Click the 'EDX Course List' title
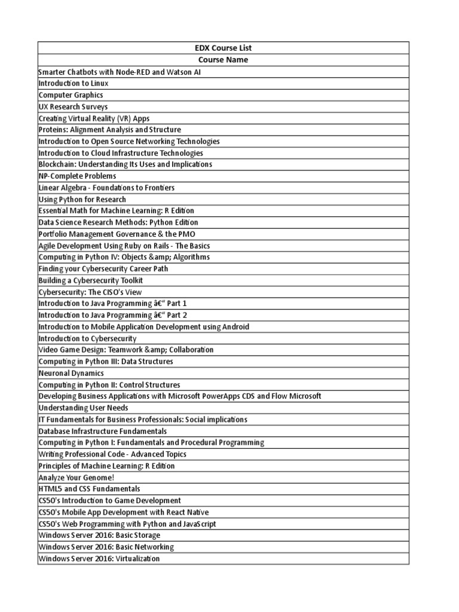(223, 48)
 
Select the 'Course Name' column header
(223, 60)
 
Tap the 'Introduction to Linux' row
(74, 83)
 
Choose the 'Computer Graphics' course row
(71, 95)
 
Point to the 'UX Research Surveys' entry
(73, 106)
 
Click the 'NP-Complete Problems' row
(77, 176)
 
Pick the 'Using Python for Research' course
(82, 199)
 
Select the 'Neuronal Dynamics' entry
(71, 373)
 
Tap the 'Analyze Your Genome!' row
(76, 478)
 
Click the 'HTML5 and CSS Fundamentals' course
(89, 489)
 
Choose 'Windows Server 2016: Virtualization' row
(99, 559)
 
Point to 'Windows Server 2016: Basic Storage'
(99, 535)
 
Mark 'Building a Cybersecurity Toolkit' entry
(90, 280)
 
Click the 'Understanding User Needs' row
(83, 408)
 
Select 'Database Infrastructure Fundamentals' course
(102, 431)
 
